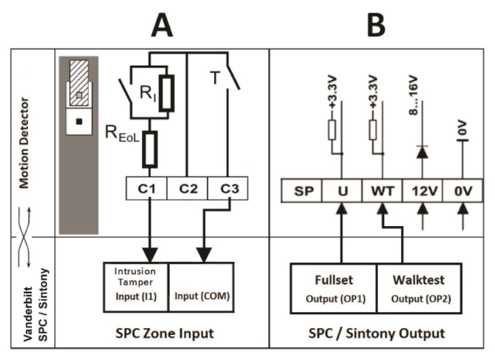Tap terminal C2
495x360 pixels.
[186, 189]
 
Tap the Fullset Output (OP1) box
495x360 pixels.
[333, 288]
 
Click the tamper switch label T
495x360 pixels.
[215, 78]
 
